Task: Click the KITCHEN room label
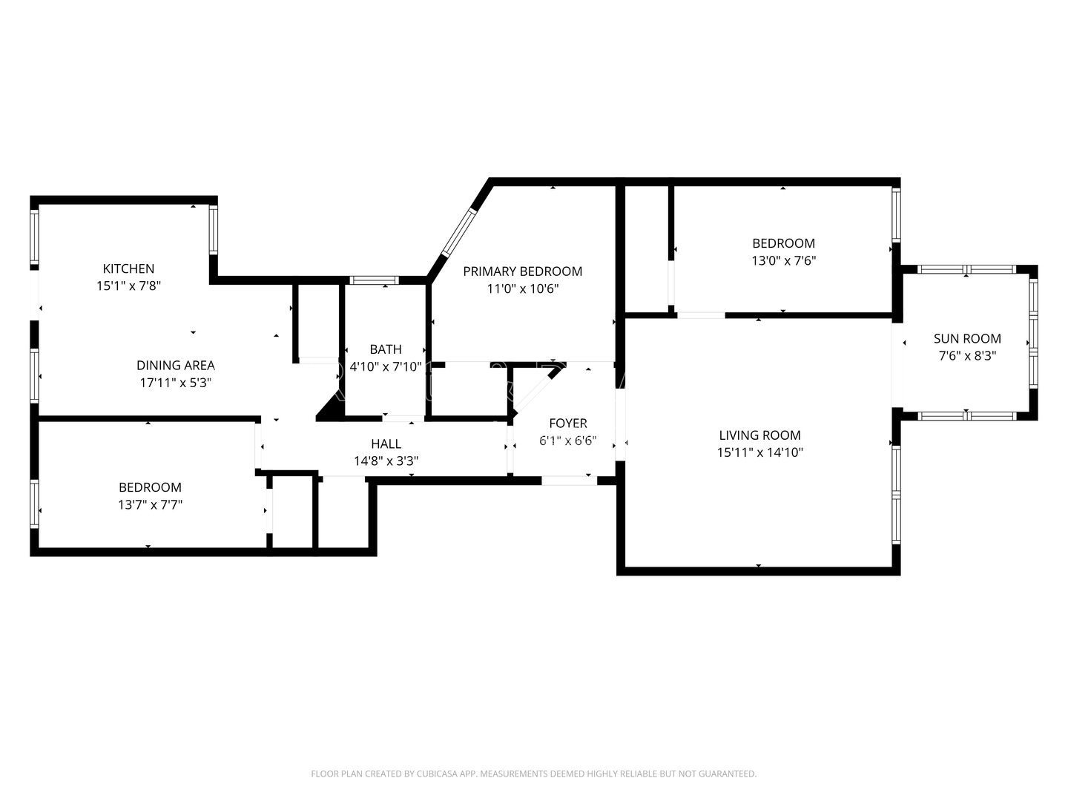(128, 268)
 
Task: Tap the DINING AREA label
(176, 365)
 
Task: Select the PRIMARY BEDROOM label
(523, 271)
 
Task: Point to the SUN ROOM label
(967, 338)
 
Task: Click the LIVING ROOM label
(759, 435)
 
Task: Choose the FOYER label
(568, 423)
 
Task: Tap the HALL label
(386, 444)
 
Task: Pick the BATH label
(386, 349)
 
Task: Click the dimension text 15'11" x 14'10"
(759, 452)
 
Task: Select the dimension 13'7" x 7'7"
(150, 505)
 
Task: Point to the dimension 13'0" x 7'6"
(783, 260)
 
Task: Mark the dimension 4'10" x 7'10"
(386, 366)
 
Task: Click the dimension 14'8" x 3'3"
(386, 461)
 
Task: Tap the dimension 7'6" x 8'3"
(967, 356)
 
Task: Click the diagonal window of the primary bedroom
(459, 233)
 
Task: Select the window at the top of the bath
(374, 280)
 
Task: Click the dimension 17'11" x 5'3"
(176, 383)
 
